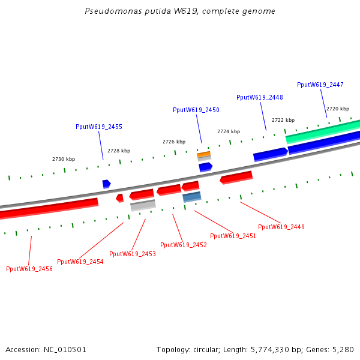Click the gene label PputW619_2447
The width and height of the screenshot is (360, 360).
pyautogui.click(x=320, y=85)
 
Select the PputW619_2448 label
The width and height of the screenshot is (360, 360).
pyautogui.click(x=259, y=97)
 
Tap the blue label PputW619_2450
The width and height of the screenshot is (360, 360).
pyautogui.click(x=196, y=110)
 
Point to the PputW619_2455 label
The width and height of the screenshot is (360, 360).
pyautogui.click(x=98, y=127)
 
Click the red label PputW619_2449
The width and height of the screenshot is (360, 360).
pyautogui.click(x=281, y=227)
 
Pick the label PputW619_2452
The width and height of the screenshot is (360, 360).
pyautogui.click(x=183, y=245)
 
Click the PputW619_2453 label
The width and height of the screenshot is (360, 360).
pyautogui.click(x=132, y=254)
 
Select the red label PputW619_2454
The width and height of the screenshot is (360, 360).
pyautogui.click(x=80, y=262)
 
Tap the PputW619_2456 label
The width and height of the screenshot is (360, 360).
pyautogui.click(x=29, y=269)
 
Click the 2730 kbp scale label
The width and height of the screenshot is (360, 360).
pyautogui.click(x=64, y=159)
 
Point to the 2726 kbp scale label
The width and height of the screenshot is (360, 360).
pyautogui.click(x=173, y=142)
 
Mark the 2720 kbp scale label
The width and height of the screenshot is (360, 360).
pyautogui.click(x=337, y=109)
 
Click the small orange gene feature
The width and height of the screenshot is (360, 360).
pyautogui.click(x=204, y=155)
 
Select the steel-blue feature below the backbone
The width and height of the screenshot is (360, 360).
pyautogui.click(x=192, y=197)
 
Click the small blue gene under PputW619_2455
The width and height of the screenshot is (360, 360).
pyautogui.click(x=106, y=184)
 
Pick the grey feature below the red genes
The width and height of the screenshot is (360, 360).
pyautogui.click(x=143, y=205)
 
